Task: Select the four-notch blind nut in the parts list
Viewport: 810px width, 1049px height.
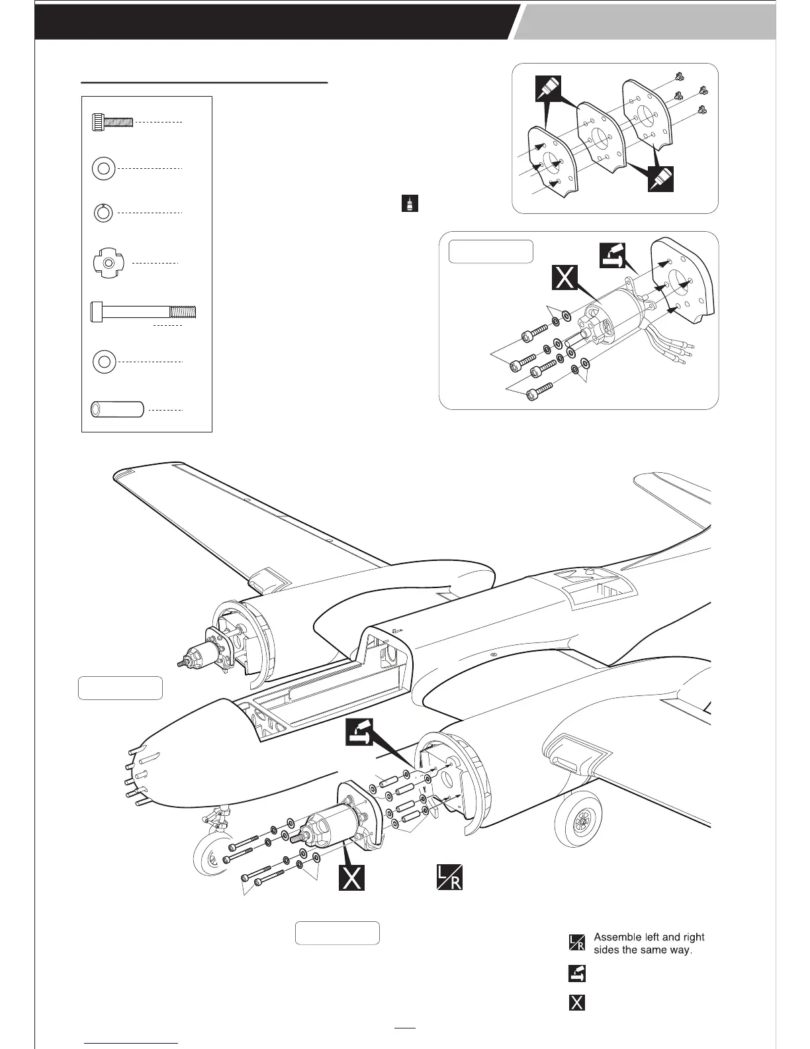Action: (105, 263)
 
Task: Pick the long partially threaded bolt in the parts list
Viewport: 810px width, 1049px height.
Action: (142, 311)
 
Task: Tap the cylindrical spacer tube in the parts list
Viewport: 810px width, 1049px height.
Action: (117, 409)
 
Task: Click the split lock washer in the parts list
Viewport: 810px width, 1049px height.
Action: (103, 213)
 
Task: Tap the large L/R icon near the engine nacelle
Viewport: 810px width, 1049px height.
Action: (449, 877)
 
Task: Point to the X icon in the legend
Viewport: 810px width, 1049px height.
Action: (577, 1002)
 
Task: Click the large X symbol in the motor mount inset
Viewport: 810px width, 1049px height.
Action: (565, 278)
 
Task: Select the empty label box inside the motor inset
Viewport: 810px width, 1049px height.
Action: (490, 252)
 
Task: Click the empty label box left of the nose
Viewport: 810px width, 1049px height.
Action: (120, 688)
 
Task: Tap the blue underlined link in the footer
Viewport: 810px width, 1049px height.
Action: (132, 1042)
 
